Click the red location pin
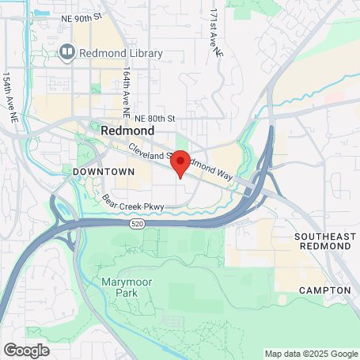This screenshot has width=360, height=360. click(x=180, y=162)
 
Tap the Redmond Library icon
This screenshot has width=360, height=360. click(x=67, y=54)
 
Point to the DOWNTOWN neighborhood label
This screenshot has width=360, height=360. click(x=99, y=171)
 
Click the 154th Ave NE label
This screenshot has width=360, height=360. click(x=12, y=97)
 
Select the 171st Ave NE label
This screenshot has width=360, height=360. click(x=214, y=34)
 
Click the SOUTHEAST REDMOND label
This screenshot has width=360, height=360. click(x=322, y=241)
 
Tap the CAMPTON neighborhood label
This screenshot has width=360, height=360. click(x=324, y=290)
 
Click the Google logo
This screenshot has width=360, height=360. click(x=26, y=350)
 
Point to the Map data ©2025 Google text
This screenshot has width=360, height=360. click(x=311, y=354)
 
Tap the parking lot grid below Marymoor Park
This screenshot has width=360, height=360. click(x=172, y=321)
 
